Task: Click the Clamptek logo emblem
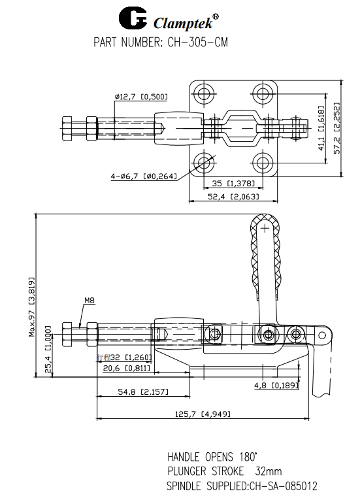click(x=135, y=20)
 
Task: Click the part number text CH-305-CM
click(x=195, y=43)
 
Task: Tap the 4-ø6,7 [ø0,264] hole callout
click(x=144, y=176)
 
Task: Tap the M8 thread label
click(x=90, y=301)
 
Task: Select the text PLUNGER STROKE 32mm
click(x=223, y=471)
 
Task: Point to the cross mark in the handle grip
click(x=264, y=228)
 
